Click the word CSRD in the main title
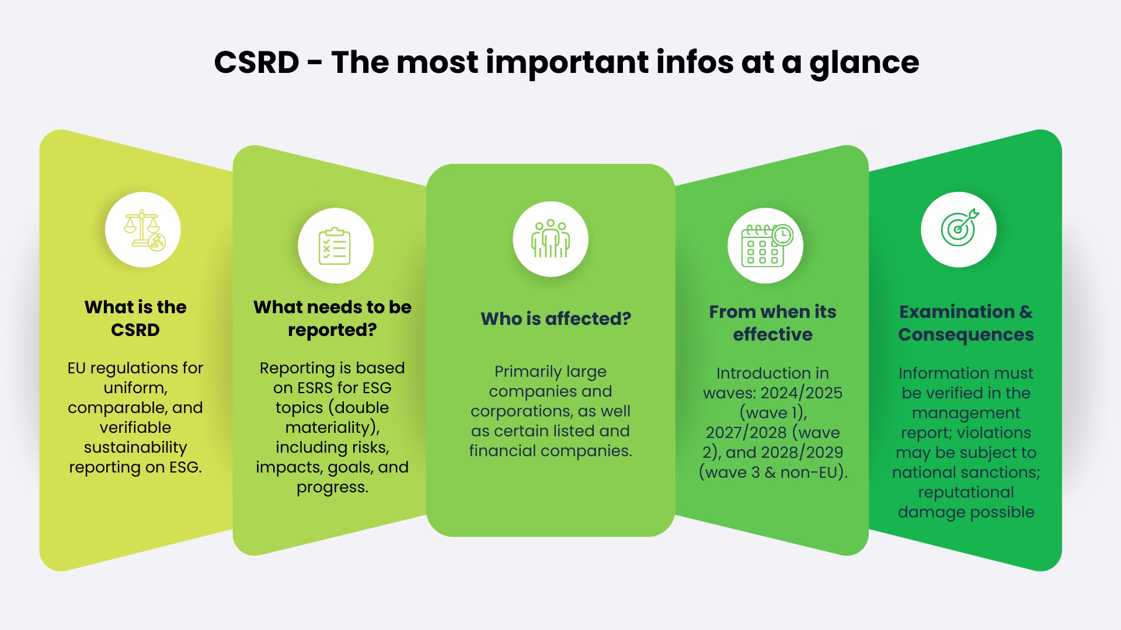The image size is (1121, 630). (256, 62)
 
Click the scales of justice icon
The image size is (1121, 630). (143, 230)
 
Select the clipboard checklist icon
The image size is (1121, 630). (335, 246)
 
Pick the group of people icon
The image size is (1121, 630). (550, 239)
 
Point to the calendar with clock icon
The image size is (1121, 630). (765, 246)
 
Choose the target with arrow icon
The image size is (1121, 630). (959, 229)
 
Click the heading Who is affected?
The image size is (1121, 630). (556, 318)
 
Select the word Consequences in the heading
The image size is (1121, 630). (966, 334)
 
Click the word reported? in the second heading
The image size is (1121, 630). (332, 330)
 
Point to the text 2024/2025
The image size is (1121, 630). (801, 393)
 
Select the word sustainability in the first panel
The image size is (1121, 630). (135, 447)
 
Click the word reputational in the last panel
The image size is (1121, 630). (966, 492)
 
